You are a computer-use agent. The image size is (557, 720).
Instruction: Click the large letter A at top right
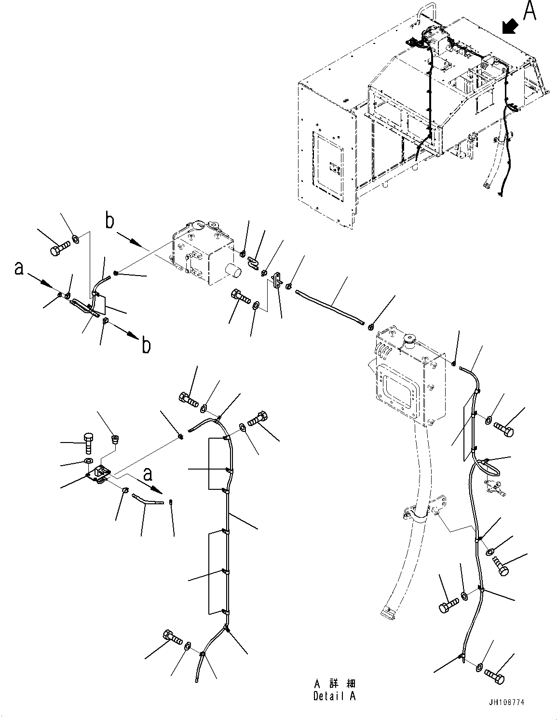[529, 11]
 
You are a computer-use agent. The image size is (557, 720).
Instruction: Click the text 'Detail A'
[334, 696]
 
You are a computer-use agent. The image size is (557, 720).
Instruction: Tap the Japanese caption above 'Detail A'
[335, 684]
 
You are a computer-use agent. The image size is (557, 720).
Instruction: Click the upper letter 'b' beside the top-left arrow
[110, 222]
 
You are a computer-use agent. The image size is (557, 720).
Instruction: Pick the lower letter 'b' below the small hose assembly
[146, 346]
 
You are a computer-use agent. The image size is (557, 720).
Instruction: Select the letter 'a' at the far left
[19, 268]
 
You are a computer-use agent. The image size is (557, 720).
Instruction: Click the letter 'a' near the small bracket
[148, 474]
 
